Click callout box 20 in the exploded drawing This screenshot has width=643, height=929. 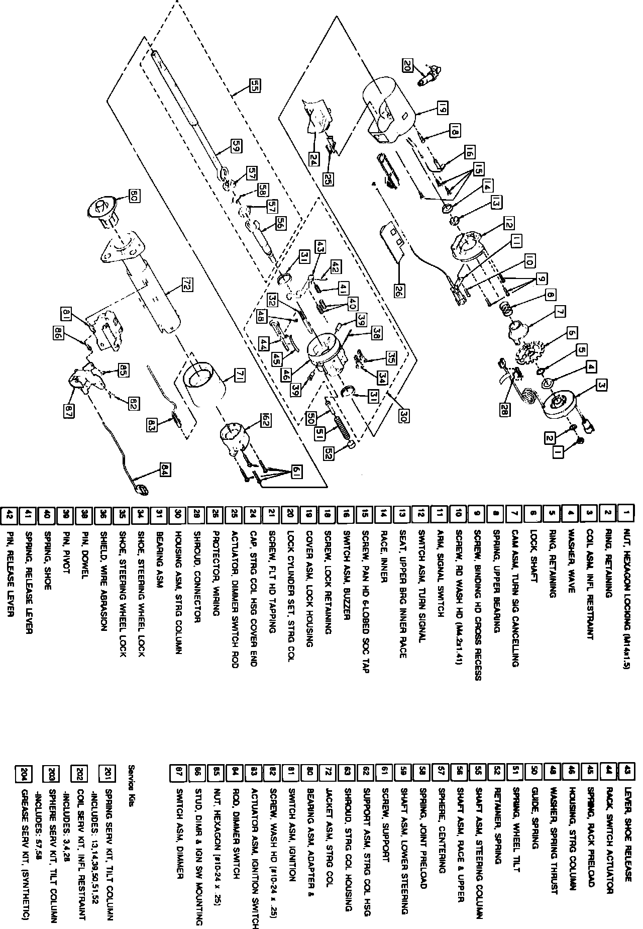click(x=407, y=64)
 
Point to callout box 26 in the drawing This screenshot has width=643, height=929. click(x=399, y=292)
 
